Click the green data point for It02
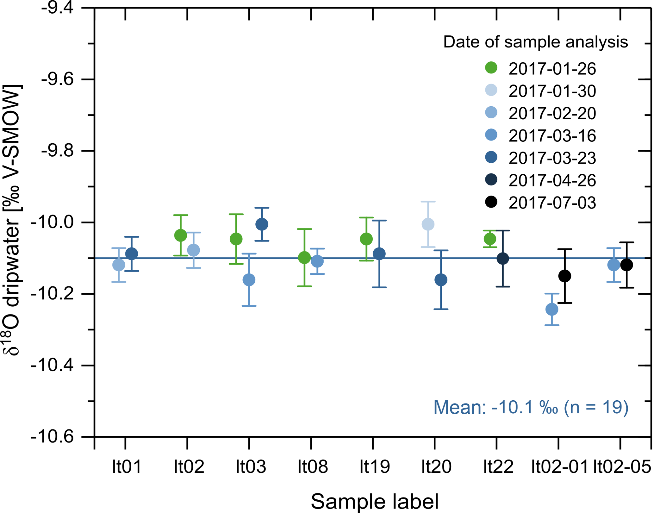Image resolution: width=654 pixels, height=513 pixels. [x=181, y=235]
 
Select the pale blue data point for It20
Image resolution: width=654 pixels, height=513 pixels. [x=428, y=224]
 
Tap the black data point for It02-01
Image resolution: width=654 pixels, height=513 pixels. [x=565, y=276]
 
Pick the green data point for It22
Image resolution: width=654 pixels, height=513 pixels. [x=490, y=239]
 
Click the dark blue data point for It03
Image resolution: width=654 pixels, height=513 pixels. [x=262, y=224]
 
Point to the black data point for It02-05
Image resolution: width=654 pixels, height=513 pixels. [x=627, y=265]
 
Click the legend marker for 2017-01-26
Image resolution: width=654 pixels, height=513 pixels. [x=491, y=68]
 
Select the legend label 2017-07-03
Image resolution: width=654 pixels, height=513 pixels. [x=552, y=203]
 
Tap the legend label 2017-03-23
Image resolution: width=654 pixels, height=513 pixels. [x=552, y=158]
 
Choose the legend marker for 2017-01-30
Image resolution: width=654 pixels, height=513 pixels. [x=491, y=90]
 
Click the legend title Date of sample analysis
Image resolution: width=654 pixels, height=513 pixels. [x=535, y=42]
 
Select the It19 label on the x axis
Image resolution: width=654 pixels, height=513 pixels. [x=375, y=466]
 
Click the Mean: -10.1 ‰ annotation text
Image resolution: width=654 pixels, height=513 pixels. [x=531, y=407]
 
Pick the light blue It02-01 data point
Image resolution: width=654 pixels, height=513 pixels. [x=552, y=309]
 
